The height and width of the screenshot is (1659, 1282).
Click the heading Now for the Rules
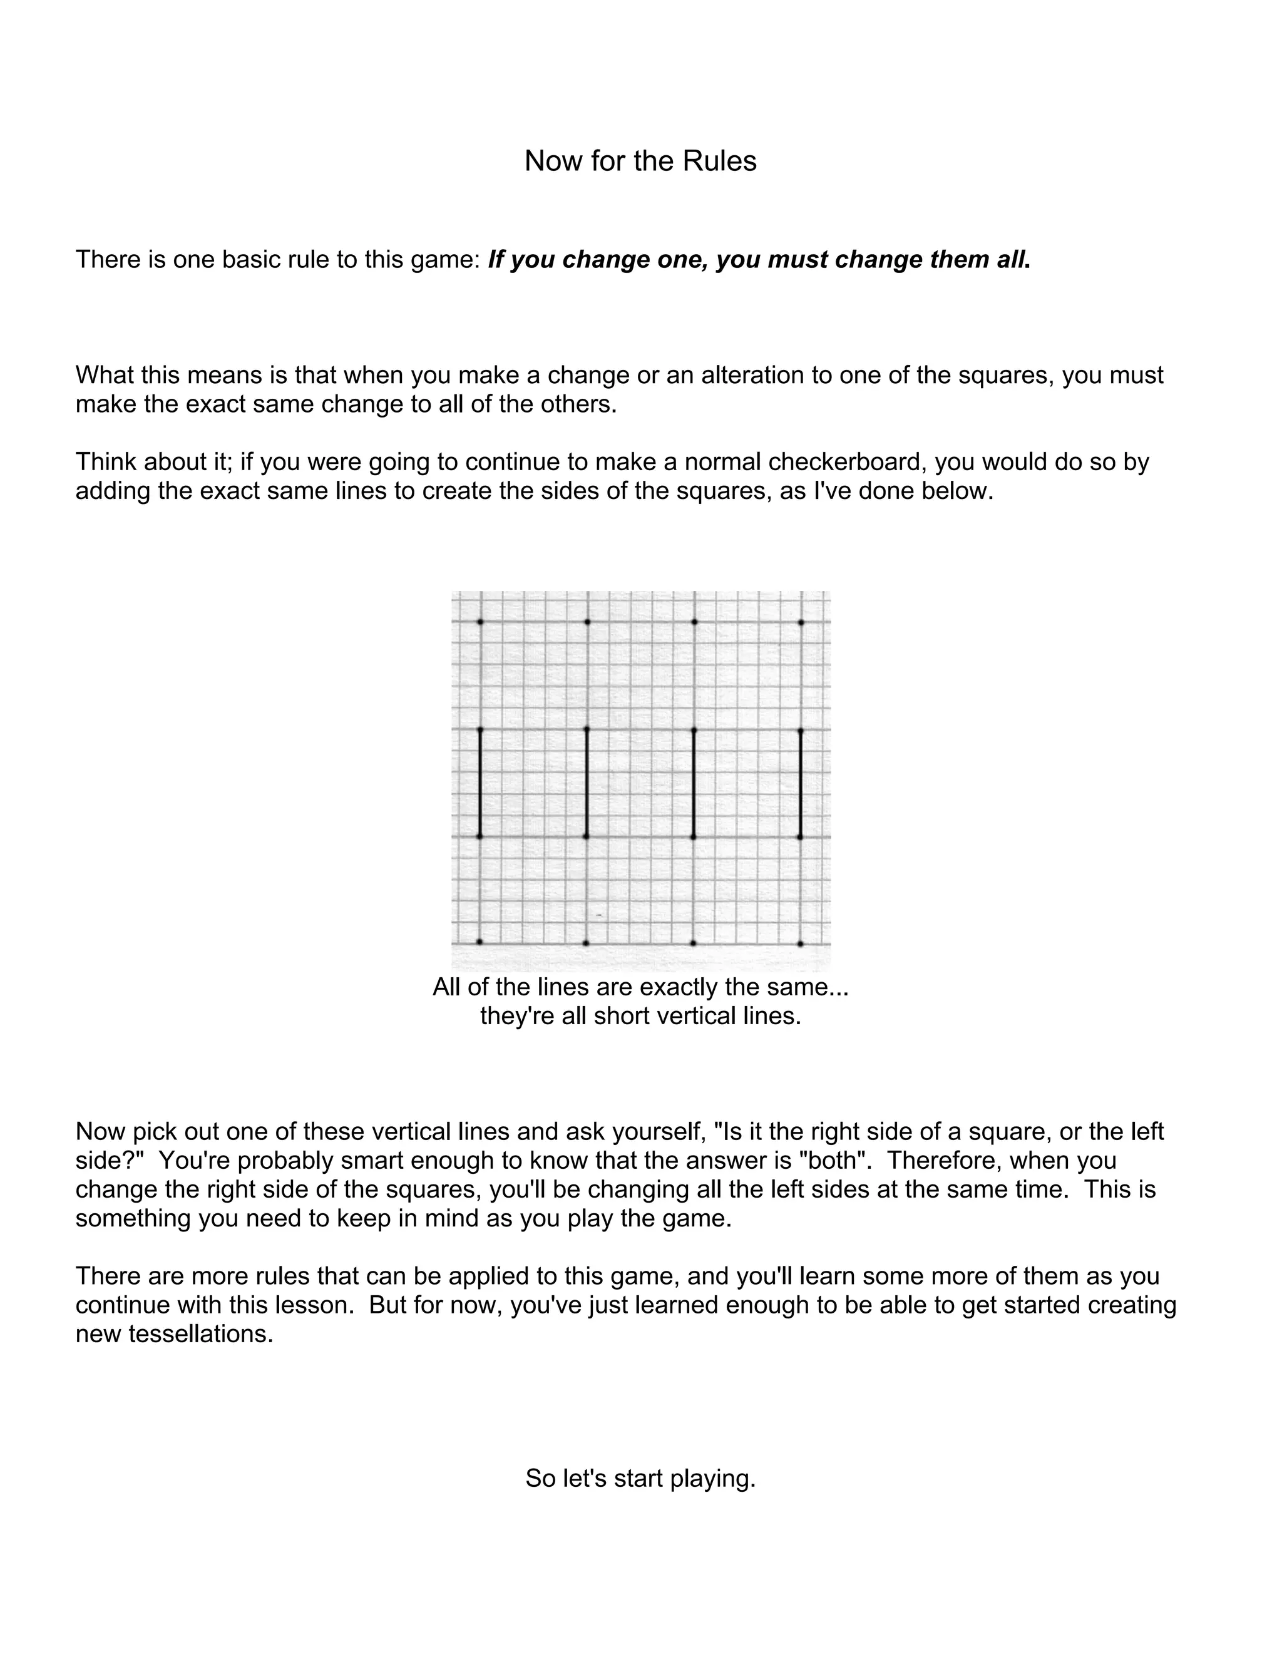[x=640, y=161]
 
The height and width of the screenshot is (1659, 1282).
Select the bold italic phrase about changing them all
[x=759, y=260]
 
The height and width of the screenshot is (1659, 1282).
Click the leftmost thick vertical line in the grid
[x=480, y=783]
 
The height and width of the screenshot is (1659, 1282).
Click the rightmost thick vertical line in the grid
[x=801, y=783]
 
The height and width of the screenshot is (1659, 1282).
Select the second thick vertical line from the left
[x=587, y=783]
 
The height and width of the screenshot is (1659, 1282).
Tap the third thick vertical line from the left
[x=694, y=783]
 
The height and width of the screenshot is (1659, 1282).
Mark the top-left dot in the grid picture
[x=480, y=622]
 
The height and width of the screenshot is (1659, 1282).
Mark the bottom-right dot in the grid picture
[x=801, y=943]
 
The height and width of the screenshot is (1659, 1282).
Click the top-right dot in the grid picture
[x=801, y=623]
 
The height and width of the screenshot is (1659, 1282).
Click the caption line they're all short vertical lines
[x=640, y=1016]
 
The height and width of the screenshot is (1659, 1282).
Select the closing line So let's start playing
[x=640, y=1478]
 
